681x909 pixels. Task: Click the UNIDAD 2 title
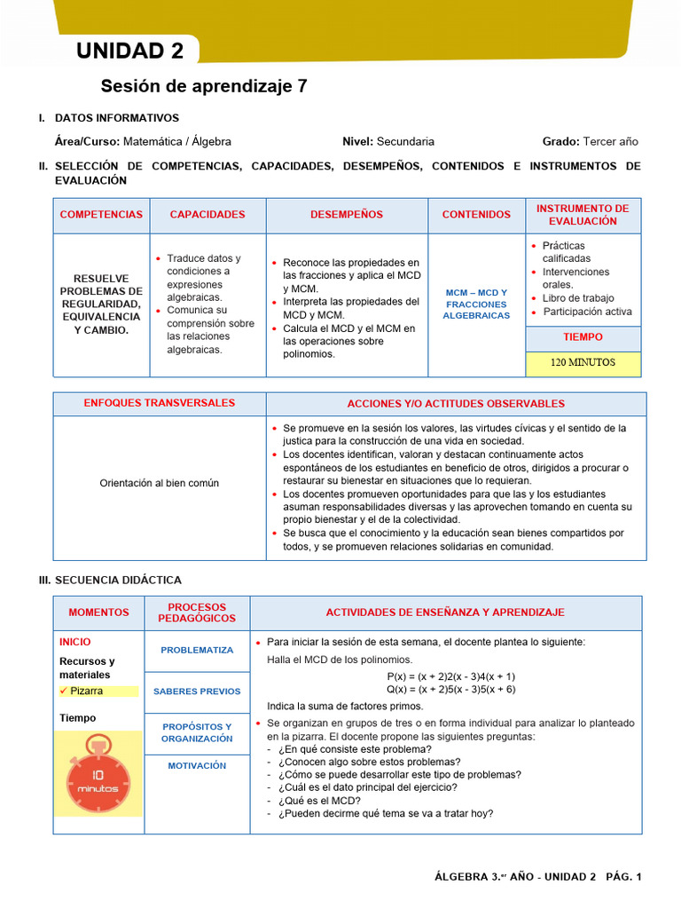(130, 51)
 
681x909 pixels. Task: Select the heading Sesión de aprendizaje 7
(204, 86)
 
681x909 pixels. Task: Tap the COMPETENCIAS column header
(101, 215)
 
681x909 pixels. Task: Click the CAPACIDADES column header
(207, 215)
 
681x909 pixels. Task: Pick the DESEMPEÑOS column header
(347, 215)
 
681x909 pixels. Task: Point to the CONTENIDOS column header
(476, 215)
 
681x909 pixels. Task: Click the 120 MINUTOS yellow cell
(583, 363)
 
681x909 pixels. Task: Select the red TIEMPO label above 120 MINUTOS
(583, 337)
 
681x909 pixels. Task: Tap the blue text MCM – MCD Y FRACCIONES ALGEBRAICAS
(476, 304)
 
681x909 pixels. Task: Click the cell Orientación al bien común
(160, 483)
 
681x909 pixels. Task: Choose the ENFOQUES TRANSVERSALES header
(160, 403)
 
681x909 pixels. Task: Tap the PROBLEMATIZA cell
(197, 651)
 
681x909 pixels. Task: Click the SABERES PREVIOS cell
(197, 692)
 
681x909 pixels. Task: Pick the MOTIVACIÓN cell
(197, 766)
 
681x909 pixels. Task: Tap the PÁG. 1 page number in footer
(623, 877)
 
